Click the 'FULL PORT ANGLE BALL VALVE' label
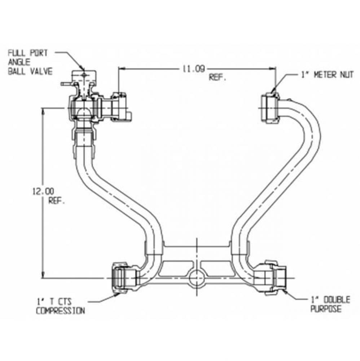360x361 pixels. pyautogui.click(x=30, y=62)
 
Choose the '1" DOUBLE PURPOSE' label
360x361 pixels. pyautogui.click(x=325, y=304)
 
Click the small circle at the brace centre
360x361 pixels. pyautogui.click(x=196, y=278)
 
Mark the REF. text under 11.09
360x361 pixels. pyautogui.click(x=217, y=78)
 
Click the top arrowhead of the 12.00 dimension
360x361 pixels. pyautogui.click(x=44, y=111)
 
